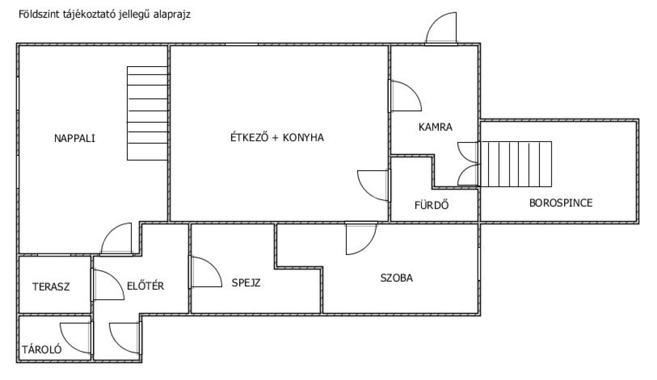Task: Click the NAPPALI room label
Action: tap(75, 138)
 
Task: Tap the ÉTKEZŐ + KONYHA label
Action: tap(277, 137)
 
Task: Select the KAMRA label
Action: tap(435, 127)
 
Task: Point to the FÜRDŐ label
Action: tap(432, 205)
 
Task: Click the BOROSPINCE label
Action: tap(561, 203)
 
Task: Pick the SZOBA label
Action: tap(397, 278)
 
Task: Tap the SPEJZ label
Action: tap(246, 283)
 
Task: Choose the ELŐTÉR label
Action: tap(145, 286)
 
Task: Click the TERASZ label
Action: tap(51, 287)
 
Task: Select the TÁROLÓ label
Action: tap(42, 349)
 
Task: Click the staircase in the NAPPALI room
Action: tap(147, 113)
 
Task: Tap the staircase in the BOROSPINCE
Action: tap(516, 164)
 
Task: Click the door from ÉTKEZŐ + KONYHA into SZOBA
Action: tap(361, 238)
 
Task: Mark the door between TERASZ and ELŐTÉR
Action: tap(108, 285)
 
